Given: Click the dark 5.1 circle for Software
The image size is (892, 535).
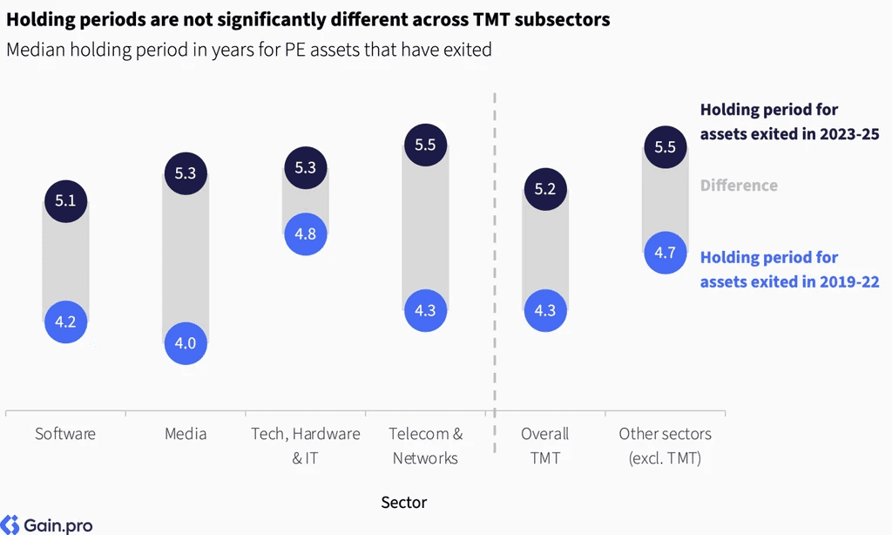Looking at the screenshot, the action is click(66, 201).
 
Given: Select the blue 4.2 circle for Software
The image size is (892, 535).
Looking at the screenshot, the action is click(66, 322).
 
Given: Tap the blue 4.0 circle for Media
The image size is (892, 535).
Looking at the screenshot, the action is click(186, 343).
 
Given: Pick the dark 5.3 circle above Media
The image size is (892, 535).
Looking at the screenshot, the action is click(186, 173).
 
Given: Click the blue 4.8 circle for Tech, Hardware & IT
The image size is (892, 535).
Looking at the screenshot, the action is click(306, 234).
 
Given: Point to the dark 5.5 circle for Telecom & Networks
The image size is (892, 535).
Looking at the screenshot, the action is click(425, 146).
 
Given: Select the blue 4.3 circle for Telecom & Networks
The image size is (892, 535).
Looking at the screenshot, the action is click(425, 311).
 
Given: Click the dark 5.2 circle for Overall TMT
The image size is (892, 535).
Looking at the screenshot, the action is click(545, 189).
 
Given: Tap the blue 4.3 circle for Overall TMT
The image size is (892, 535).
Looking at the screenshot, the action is click(545, 311).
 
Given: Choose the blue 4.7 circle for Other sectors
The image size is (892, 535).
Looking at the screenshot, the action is click(665, 253).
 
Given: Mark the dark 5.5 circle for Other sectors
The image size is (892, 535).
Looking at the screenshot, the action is click(665, 147).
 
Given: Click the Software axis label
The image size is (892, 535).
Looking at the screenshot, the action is click(65, 434).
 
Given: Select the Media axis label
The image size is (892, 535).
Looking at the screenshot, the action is click(186, 434).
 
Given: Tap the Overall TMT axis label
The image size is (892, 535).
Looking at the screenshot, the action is click(545, 445).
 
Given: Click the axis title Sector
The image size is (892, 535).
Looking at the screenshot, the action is click(404, 503).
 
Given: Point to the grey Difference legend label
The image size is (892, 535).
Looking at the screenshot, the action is click(739, 186).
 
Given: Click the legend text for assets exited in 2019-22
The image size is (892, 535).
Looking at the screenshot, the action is click(789, 270).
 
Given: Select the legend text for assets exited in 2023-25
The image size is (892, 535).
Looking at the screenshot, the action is click(789, 122).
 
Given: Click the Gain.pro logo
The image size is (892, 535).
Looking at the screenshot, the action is click(47, 525).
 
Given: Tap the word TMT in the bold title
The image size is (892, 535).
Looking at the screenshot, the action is click(491, 20).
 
